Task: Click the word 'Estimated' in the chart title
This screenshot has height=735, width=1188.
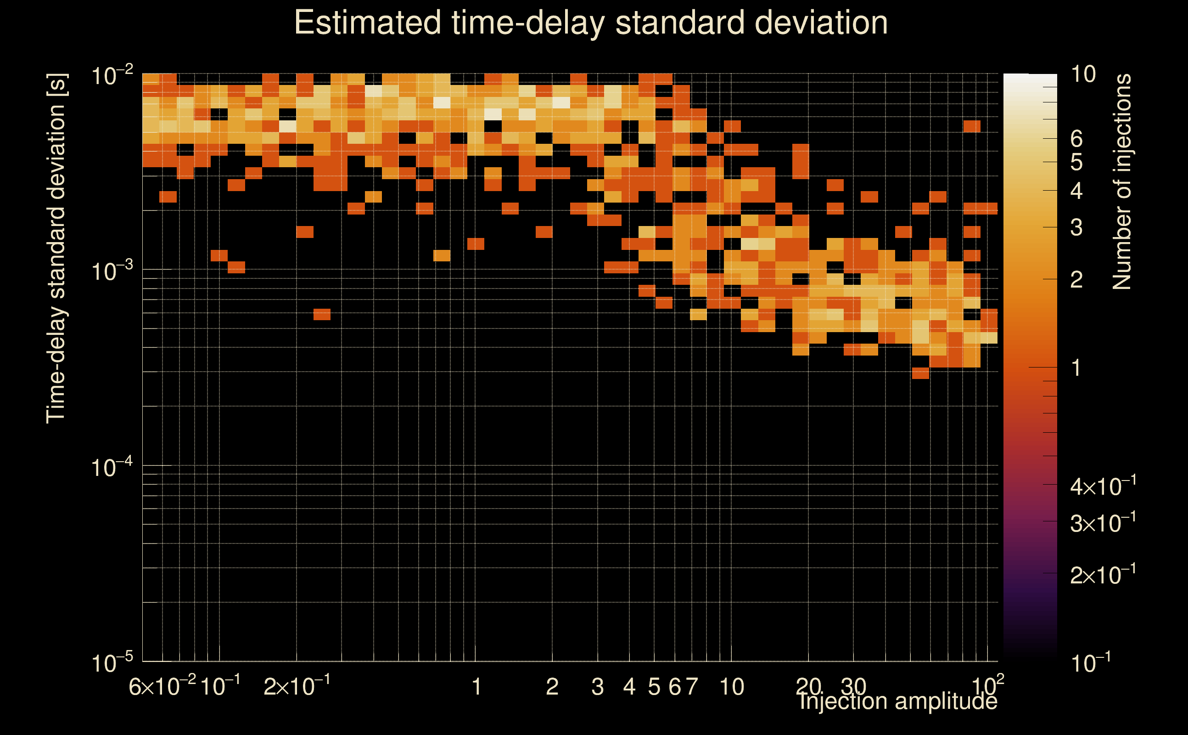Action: pos(367,23)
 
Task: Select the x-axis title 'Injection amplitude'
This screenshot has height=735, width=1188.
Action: pos(897,701)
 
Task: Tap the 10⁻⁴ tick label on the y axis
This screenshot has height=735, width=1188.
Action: pos(112,468)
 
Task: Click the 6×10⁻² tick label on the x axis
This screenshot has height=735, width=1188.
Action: pos(162,686)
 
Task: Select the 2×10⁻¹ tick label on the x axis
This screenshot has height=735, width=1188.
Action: pos(297,686)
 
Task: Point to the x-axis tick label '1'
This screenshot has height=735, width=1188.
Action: pos(476,687)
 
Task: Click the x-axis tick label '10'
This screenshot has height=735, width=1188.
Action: pos(731,687)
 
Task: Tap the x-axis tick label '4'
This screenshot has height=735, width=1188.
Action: pos(629,687)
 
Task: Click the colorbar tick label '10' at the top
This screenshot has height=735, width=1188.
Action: pos(1083,74)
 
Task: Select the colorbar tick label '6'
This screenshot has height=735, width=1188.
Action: pos(1076,139)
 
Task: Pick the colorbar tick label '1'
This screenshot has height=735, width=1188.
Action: pos(1076,368)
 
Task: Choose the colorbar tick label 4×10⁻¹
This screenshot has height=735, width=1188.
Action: pos(1103,486)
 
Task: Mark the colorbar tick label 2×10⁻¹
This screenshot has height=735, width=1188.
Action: pos(1103,575)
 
